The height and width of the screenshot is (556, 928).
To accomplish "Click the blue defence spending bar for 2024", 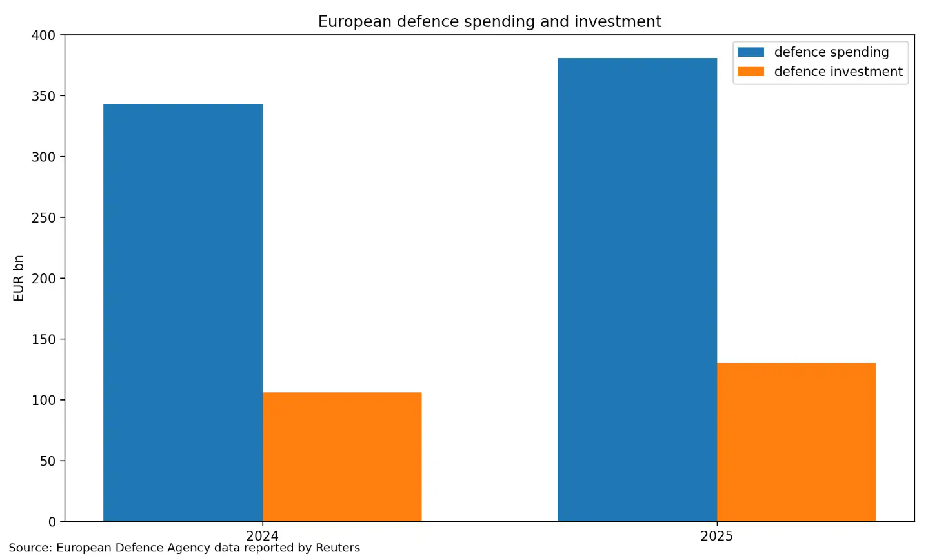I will (x=183, y=313).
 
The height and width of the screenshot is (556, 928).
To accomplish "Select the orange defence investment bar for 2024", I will (x=342, y=457).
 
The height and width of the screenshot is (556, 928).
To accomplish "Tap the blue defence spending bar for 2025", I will (x=637, y=290).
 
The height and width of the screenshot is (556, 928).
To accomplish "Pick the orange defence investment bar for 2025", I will (x=796, y=442).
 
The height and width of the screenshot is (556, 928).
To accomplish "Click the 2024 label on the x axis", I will (x=263, y=536).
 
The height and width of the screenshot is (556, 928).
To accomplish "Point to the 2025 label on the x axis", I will (x=717, y=536).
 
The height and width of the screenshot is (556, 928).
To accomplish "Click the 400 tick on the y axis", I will (x=44, y=35).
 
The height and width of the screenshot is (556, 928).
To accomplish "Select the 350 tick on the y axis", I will (x=44, y=96).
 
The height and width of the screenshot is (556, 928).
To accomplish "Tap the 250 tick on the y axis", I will (x=44, y=218).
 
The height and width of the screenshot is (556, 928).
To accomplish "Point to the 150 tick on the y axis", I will (x=44, y=339).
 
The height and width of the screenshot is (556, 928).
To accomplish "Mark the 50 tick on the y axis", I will (x=48, y=461).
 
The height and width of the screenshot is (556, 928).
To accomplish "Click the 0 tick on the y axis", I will (x=52, y=522).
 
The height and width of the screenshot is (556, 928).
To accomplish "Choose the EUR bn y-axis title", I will (x=19, y=278).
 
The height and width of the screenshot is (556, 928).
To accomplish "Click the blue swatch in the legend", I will (x=751, y=52).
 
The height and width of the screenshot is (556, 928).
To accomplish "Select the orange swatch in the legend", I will (x=751, y=72).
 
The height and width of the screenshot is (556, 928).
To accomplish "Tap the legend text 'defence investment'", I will (x=838, y=72).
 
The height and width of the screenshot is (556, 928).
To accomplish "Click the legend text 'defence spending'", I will (x=831, y=52).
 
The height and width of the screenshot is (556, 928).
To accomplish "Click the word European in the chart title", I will (x=355, y=22).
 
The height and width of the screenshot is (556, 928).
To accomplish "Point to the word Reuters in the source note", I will (x=338, y=548).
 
